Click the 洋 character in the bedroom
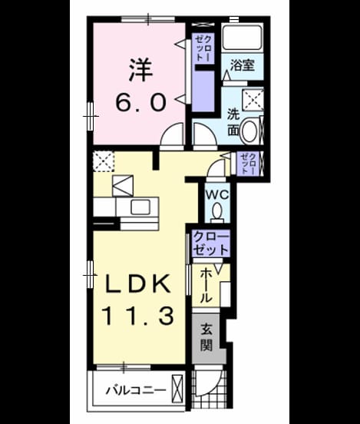tap(140, 70)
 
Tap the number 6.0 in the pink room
tap(140, 102)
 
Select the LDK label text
tap(138, 283)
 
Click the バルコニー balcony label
tap(136, 390)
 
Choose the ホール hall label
tap(206, 285)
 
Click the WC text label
tap(217, 194)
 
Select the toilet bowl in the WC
tap(217, 211)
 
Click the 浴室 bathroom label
tap(242, 65)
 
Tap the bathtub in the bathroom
tap(242, 38)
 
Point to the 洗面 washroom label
tap(233, 121)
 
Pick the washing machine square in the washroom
tap(253, 100)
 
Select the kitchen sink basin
tap(140, 207)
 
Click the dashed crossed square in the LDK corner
tap(104, 161)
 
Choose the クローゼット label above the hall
tap(211, 243)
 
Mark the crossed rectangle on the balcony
tap(177, 389)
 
